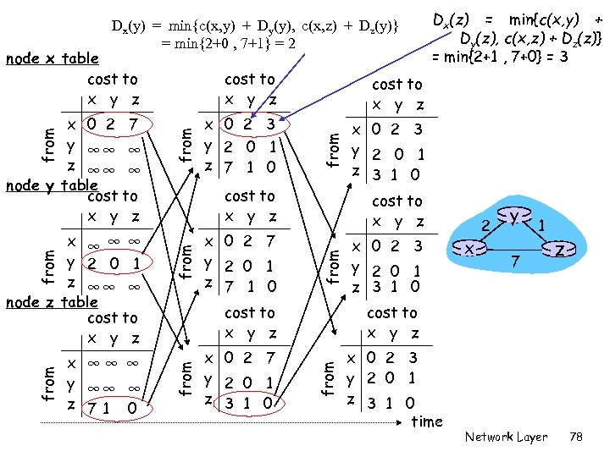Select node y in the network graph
click(513, 217)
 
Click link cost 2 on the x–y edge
click(485, 224)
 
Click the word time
click(426, 421)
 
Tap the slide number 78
click(577, 437)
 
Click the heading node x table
click(53, 59)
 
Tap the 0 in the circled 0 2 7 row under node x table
click(89, 124)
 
